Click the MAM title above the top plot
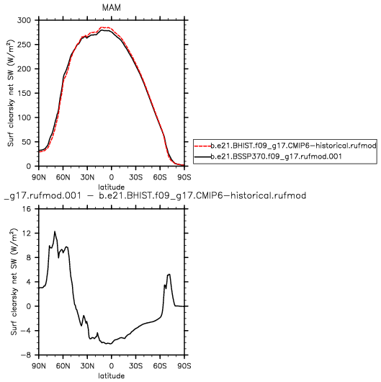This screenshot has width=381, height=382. click(x=111, y=7)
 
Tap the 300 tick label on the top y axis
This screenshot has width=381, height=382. click(x=24, y=20)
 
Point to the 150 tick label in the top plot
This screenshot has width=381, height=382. click(x=24, y=93)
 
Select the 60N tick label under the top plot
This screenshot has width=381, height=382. click(x=63, y=177)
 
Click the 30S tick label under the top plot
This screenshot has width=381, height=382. click(x=135, y=177)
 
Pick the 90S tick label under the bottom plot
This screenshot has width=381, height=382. click(x=184, y=366)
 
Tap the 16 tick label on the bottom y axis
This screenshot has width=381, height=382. click(x=27, y=209)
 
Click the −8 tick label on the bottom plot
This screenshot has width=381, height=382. click(x=26, y=355)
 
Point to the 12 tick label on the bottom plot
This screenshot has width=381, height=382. click(x=27, y=234)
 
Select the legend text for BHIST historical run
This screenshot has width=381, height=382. click(x=293, y=146)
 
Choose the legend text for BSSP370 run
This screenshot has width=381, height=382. click(x=276, y=156)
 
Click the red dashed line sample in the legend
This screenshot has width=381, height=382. click(x=202, y=146)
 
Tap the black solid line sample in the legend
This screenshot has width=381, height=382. click(x=202, y=156)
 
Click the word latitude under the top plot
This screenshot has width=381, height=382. click(x=111, y=187)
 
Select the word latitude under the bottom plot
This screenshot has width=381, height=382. click(x=111, y=376)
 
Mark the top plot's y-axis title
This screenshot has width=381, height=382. click(x=11, y=93)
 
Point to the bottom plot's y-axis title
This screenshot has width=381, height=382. click(x=14, y=282)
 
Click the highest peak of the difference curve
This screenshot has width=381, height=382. click(x=55, y=231)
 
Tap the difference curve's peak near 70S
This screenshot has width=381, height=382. click(x=169, y=275)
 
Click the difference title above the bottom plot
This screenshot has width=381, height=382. click(x=155, y=195)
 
